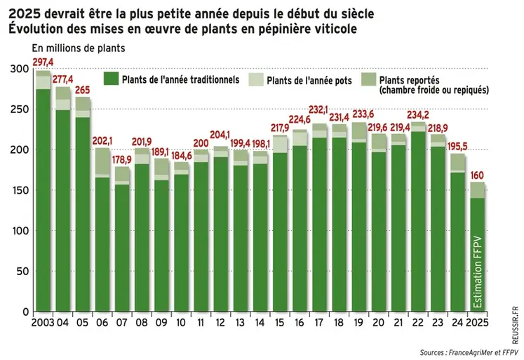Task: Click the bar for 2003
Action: pyautogui.click(x=43, y=196)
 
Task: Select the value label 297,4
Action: pyautogui.click(x=43, y=62)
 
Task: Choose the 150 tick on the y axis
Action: pyautogui.click(x=20, y=190)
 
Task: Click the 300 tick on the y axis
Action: pyautogui.click(x=20, y=69)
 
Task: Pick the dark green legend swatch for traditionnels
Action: pyautogui.click(x=111, y=79)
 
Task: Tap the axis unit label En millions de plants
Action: pyautogui.click(x=78, y=48)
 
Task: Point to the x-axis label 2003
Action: pyautogui.click(x=43, y=324)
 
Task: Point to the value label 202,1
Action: pyautogui.click(x=103, y=140)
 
